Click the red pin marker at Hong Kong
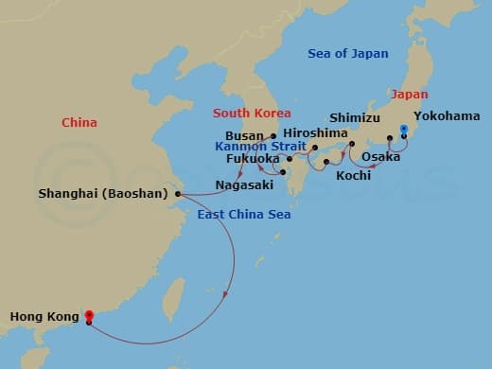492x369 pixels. click(x=88, y=316)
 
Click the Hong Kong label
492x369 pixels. click(x=41, y=317)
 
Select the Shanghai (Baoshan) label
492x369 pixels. click(x=102, y=194)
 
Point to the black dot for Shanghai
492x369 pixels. click(x=178, y=194)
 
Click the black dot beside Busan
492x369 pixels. click(x=273, y=135)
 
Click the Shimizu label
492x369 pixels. click(x=354, y=118)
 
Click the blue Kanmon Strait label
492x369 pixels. click(x=260, y=148)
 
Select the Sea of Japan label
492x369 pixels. click(x=347, y=54)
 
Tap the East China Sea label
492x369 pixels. click(x=243, y=215)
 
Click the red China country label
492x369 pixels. click(x=79, y=122)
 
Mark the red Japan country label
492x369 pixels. click(x=410, y=95)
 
